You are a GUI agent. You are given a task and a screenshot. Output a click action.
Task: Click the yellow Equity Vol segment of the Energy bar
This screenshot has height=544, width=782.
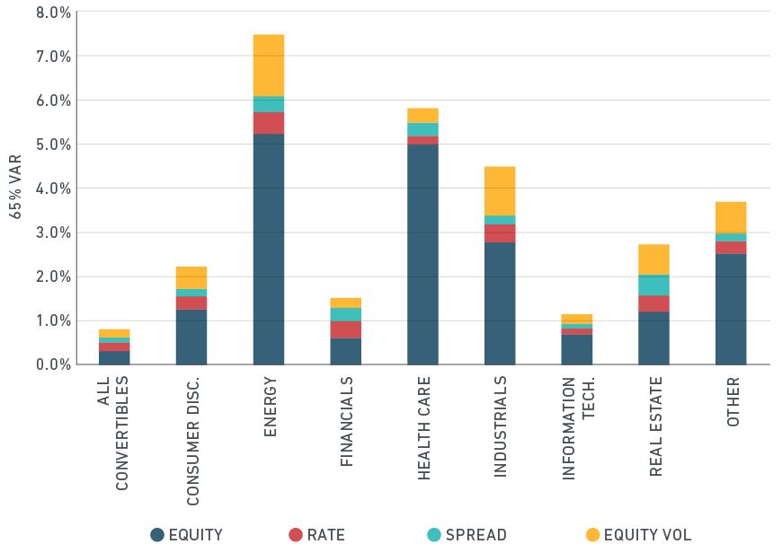coord(268,65)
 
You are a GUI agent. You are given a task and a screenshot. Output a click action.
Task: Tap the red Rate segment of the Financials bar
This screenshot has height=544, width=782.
coord(345,329)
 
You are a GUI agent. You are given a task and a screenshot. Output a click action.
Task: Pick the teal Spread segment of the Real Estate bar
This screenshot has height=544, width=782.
coord(653,285)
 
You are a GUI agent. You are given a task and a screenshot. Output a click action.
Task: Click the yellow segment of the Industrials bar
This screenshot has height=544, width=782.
coord(500,190)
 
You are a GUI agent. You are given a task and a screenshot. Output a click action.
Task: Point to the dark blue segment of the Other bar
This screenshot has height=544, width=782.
coord(731,309)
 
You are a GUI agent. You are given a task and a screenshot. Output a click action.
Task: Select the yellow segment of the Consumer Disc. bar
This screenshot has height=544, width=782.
coord(191,277)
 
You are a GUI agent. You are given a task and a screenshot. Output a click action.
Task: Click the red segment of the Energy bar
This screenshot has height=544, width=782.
coord(268,123)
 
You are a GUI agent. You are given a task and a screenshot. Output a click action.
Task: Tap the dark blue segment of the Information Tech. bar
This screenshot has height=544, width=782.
coord(577,349)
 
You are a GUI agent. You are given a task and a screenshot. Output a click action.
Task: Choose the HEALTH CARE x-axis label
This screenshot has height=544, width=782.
coord(423,426)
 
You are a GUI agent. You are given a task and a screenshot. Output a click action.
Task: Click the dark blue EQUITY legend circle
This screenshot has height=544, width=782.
coord(157,535)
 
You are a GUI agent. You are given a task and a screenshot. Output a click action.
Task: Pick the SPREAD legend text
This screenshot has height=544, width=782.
coord(475,535)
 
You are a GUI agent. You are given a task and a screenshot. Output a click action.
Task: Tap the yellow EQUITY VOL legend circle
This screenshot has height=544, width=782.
coord(592,535)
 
